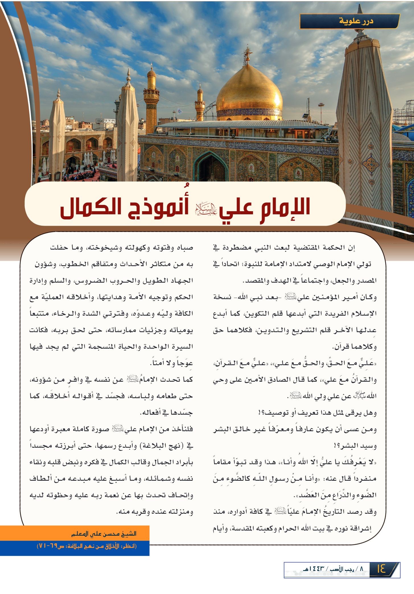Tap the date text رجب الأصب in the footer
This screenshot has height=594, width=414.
[340, 569]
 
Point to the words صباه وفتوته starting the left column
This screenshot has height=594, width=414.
[173, 248]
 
